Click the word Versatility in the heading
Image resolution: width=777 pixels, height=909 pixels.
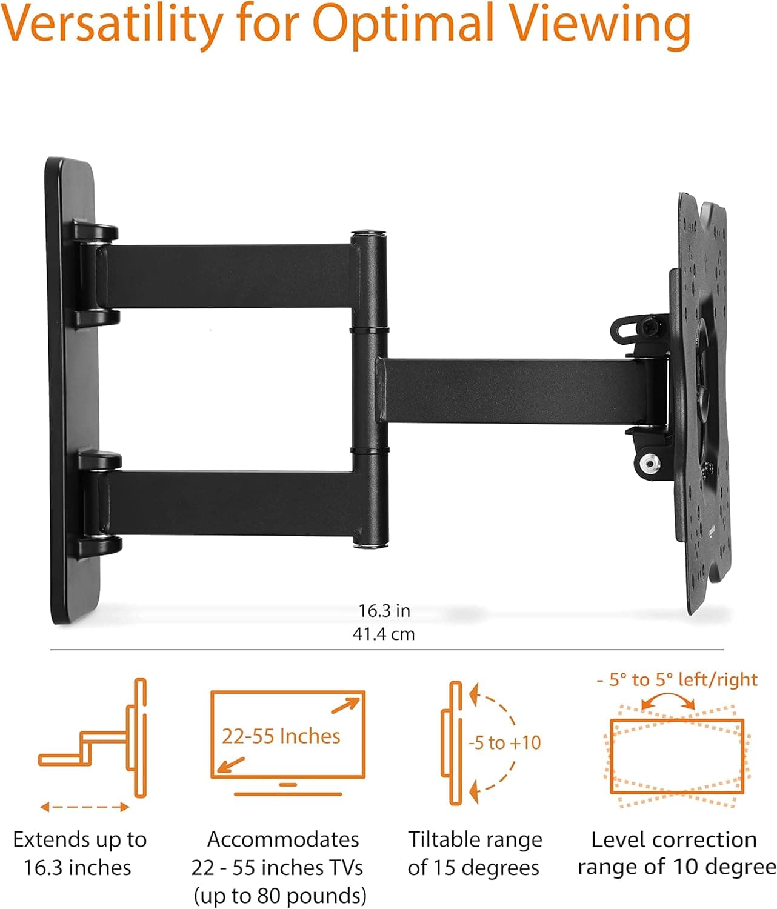(112, 25)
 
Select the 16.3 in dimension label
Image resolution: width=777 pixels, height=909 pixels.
(384, 610)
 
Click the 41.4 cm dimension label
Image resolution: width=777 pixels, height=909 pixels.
(384, 634)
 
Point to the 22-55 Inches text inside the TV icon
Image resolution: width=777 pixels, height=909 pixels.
(281, 736)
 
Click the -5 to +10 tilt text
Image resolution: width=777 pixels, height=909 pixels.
(504, 742)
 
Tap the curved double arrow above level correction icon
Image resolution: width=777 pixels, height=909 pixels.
(668, 702)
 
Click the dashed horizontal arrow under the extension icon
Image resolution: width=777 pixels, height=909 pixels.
(85, 807)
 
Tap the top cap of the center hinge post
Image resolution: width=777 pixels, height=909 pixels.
(370, 233)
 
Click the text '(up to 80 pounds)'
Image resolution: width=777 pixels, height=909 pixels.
(280, 895)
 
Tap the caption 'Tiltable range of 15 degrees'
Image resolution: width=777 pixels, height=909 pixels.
(475, 853)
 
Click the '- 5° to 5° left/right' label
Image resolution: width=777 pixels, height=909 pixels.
(676, 679)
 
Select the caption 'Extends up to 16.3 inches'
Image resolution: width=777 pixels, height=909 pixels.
(79, 853)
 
